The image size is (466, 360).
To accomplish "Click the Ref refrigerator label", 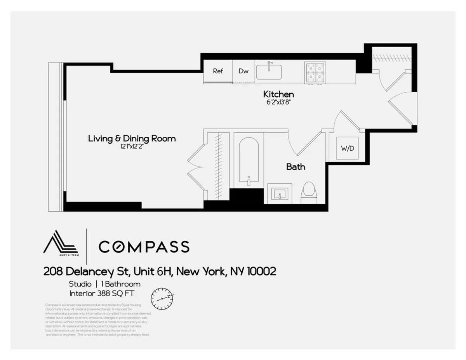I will coord(218,71).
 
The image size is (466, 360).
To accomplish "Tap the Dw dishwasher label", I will coord(243,71).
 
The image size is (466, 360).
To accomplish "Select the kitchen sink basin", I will coord(269,72).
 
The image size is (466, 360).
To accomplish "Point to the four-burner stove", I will coord(315,72).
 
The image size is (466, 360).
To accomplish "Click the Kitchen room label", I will coord(278,94).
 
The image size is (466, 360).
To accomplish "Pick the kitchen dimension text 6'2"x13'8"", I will coord(278,103).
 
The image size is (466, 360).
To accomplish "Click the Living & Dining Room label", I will coord(132,138).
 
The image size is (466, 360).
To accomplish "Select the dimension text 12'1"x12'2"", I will coord(132,147).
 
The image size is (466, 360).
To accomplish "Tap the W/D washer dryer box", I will coord(347,148).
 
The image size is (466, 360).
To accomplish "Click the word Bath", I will coord(296,167).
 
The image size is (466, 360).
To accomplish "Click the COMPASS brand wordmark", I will coord(144,247).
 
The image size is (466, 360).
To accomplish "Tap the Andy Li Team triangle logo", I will coord(60,243).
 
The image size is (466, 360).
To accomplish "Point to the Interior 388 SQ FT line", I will coord(104,293).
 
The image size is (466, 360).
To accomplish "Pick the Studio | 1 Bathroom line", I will coord(104,284).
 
